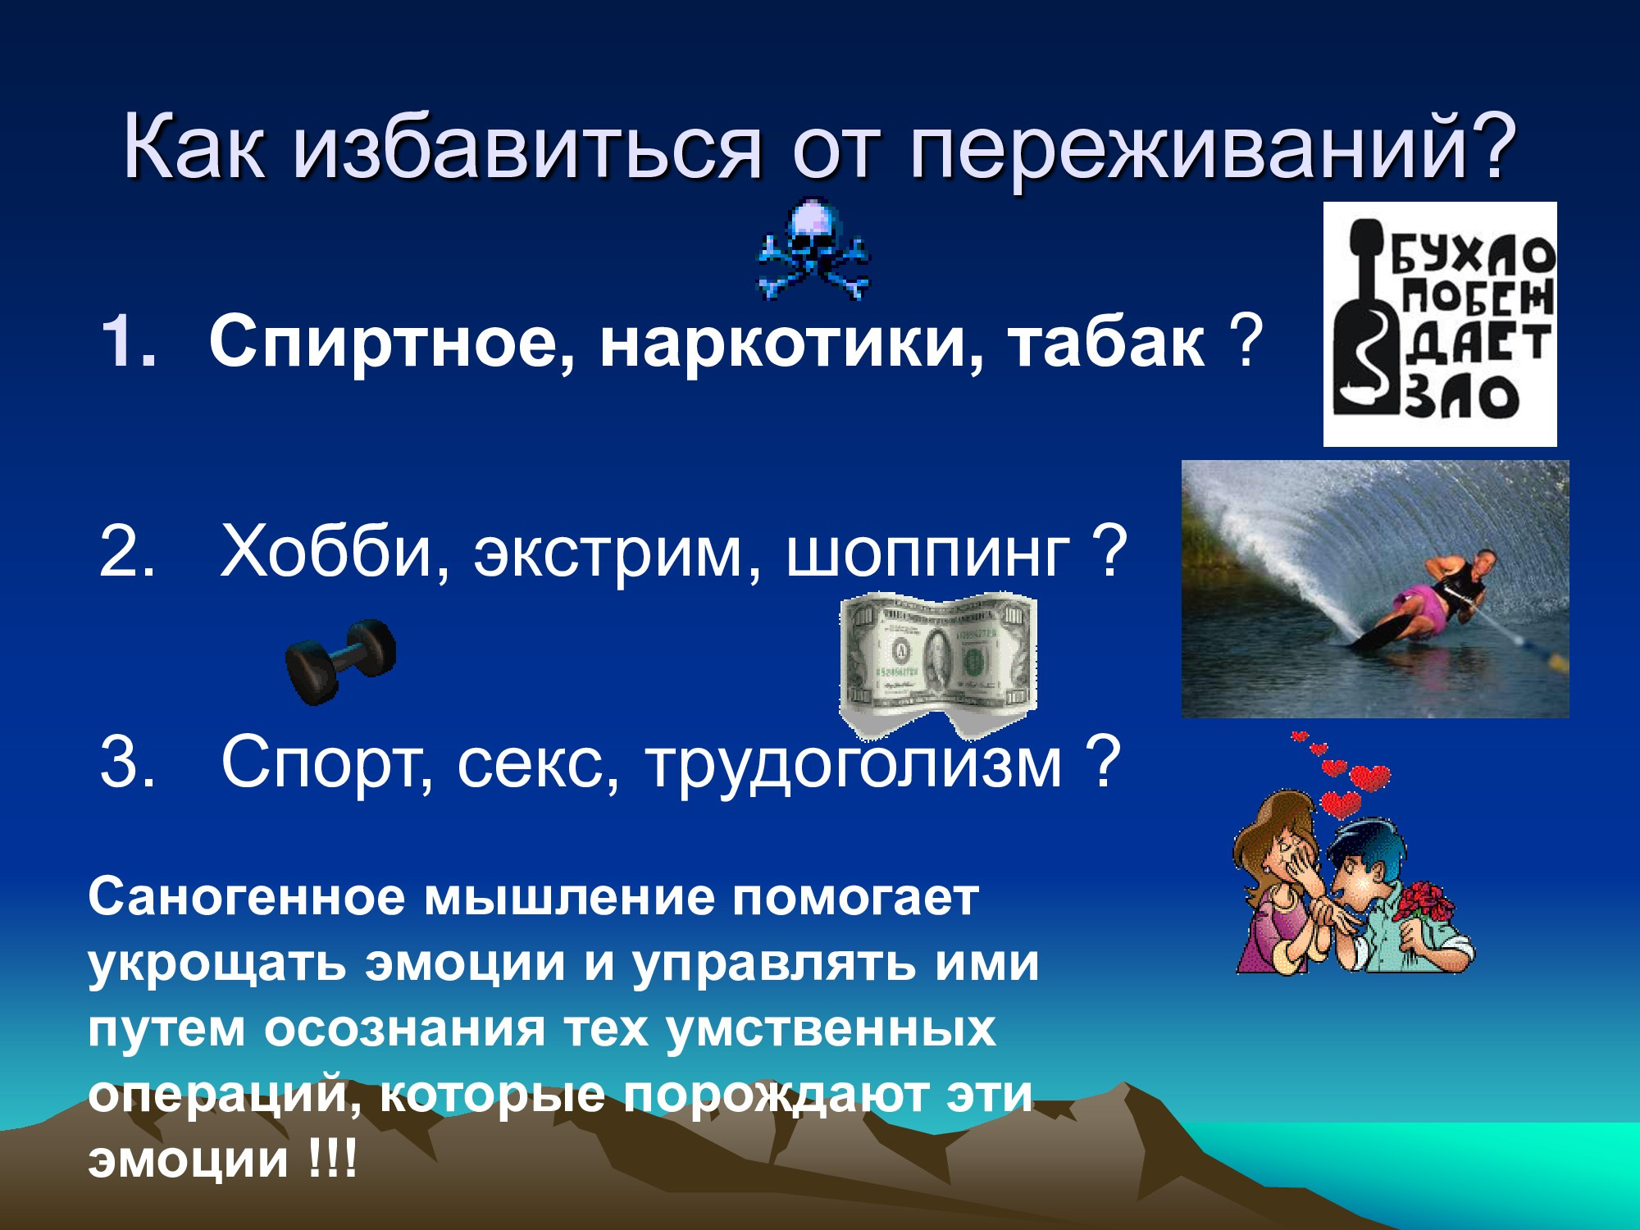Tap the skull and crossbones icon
(x=813, y=248)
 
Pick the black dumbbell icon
(x=340, y=659)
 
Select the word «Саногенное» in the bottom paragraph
(x=246, y=898)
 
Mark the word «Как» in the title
(x=194, y=148)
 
